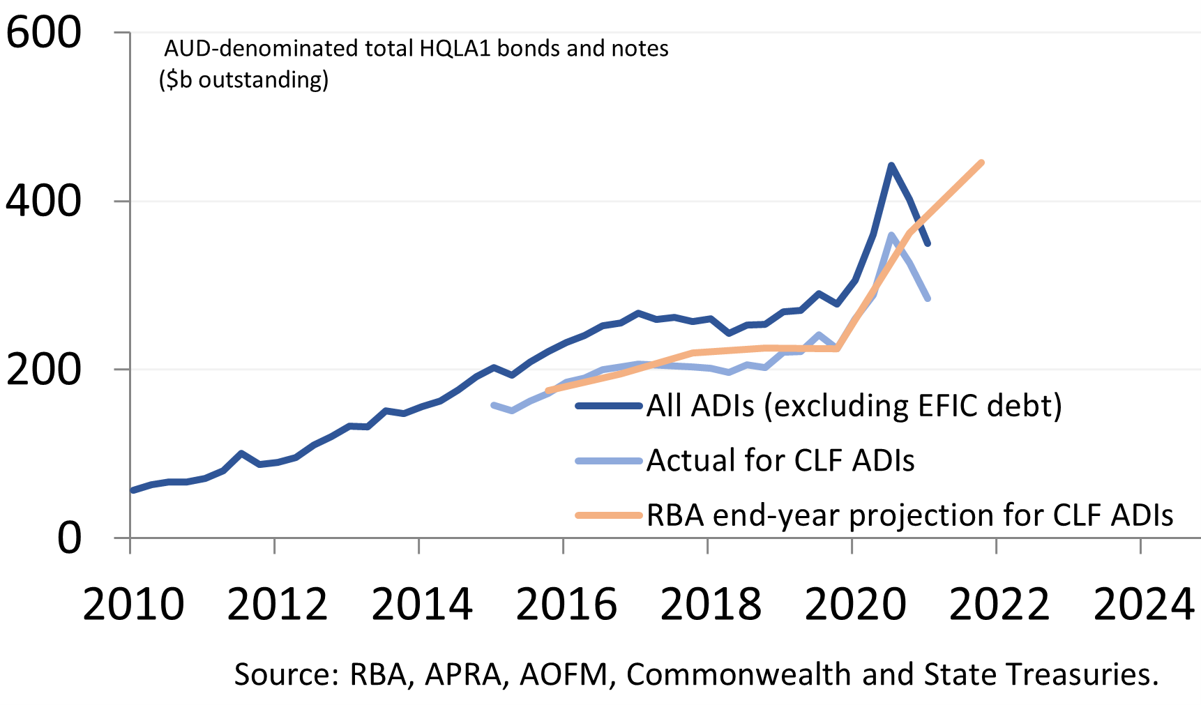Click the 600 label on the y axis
[x=43, y=33]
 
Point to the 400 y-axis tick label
[x=43, y=201]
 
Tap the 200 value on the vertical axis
[x=43, y=370]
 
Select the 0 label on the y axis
[x=69, y=538]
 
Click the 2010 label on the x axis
[x=133, y=604]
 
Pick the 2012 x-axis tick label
[x=277, y=604]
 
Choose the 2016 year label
[x=566, y=604]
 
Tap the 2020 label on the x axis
[x=854, y=604]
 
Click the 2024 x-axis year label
[x=1144, y=604]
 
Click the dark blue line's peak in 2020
[x=891, y=165]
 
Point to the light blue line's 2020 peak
[x=891, y=235]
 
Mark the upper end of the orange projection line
[x=982, y=162]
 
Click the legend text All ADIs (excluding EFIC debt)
[x=854, y=406]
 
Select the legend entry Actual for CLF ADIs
[x=780, y=461]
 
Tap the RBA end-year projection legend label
[x=909, y=515]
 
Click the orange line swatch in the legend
[x=608, y=516]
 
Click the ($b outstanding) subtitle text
[x=243, y=79]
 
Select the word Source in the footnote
[x=285, y=674]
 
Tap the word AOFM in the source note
[x=564, y=674]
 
